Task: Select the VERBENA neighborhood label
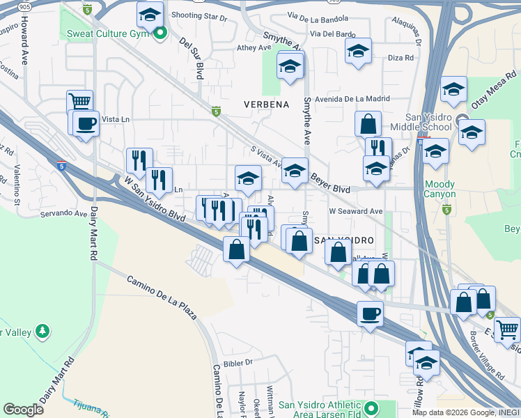266,104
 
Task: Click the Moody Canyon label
440,189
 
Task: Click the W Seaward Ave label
356,211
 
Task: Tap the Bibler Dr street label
238,362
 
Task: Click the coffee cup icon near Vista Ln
86,123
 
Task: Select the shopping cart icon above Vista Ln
80,102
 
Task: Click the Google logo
24,410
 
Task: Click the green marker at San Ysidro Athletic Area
371,407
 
